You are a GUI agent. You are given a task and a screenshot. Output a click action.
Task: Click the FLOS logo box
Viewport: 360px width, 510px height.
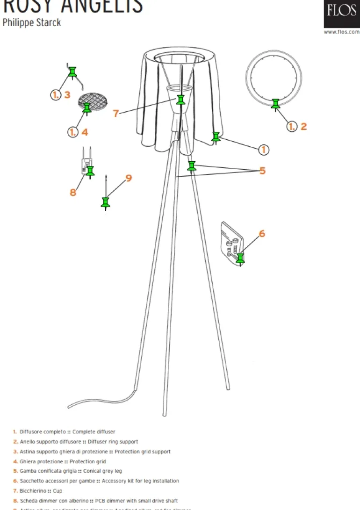click(x=341, y=14)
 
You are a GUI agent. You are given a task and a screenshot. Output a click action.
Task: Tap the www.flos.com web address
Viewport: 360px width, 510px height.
click(x=341, y=32)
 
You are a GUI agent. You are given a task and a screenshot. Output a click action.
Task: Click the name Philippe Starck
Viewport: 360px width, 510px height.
click(x=32, y=22)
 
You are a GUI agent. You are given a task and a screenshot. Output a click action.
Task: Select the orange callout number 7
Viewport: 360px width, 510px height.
click(x=116, y=113)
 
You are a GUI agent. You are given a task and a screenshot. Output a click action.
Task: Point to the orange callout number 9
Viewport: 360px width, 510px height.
click(x=129, y=178)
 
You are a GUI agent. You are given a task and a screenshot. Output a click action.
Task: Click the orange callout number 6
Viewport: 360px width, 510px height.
click(x=262, y=233)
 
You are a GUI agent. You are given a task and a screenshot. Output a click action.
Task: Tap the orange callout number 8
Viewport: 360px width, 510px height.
click(x=73, y=192)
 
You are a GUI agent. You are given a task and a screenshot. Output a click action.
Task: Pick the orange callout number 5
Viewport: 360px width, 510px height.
click(x=262, y=171)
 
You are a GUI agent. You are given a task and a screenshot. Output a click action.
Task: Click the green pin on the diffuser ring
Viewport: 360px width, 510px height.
click(x=275, y=104)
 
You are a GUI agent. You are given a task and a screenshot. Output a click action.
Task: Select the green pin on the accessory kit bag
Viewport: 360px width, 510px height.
click(x=240, y=258)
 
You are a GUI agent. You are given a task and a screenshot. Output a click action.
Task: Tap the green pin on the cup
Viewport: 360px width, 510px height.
click(x=181, y=100)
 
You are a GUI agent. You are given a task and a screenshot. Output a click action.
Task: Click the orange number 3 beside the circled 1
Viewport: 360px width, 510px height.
click(x=67, y=95)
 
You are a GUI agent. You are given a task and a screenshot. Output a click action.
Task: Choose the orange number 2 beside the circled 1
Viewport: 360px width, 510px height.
click(x=303, y=126)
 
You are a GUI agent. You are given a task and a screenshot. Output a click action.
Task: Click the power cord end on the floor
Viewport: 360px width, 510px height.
click(x=70, y=406)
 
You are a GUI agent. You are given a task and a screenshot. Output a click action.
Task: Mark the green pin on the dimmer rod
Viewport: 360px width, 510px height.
click(x=106, y=202)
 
